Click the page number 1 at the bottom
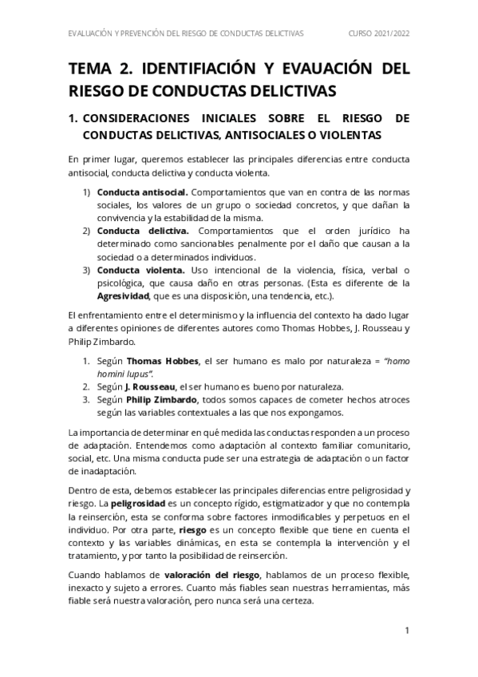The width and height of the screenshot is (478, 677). click(406, 631)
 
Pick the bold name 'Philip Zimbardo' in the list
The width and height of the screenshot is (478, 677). click(165, 399)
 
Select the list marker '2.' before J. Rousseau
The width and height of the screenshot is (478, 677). click(87, 386)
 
